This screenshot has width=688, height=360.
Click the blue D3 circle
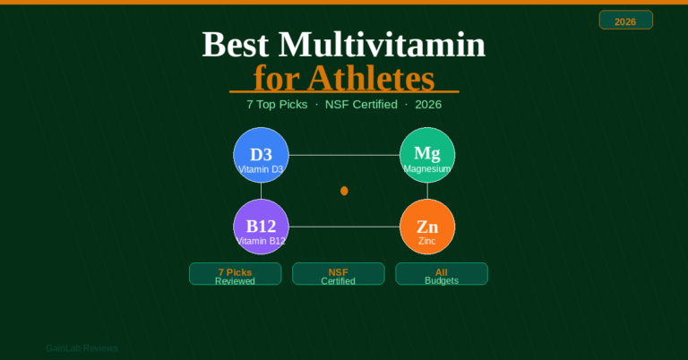point(261,155)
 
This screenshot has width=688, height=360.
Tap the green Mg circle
point(427,155)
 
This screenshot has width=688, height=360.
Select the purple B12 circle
point(261,227)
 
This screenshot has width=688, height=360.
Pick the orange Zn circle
point(427,227)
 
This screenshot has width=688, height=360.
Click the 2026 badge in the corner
point(625,21)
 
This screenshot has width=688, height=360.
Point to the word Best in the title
point(236,45)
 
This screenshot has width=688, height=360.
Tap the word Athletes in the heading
point(370,79)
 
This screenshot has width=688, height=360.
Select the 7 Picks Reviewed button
point(235,274)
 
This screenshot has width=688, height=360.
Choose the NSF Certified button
point(338,274)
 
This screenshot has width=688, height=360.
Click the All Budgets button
point(442,274)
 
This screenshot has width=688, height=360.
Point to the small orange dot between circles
point(344,191)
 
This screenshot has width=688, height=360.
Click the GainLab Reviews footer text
point(82,348)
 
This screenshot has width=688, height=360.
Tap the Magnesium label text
point(427,168)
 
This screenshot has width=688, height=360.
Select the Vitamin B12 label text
point(261,241)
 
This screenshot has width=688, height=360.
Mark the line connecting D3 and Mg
point(344,155)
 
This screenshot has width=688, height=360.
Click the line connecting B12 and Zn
point(344,227)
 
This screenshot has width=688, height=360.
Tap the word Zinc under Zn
point(427,241)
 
